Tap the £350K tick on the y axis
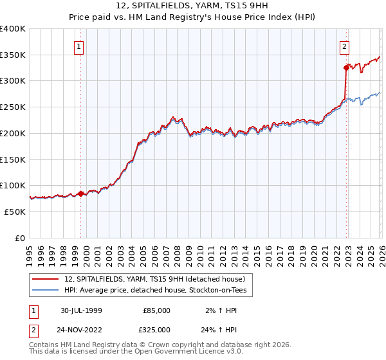pos(13,55)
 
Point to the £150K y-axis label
pos(13,159)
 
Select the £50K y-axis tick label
pos(15,212)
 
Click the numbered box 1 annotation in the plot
pos(78,46)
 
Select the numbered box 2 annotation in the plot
pos(345,46)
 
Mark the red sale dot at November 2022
pos(346,67)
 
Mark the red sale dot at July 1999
pos(81,193)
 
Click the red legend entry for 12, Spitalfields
pos(154,279)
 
